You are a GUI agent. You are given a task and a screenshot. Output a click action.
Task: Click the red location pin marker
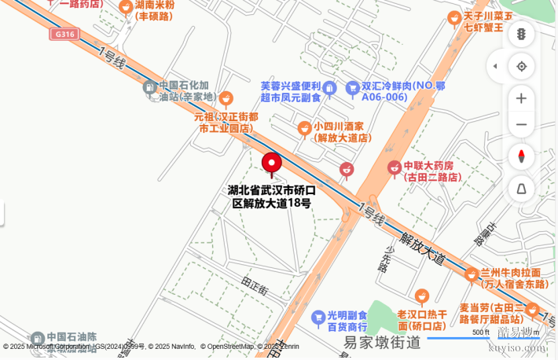click(x=272, y=164)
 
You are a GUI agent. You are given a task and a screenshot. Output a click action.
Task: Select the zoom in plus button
click(x=521, y=98)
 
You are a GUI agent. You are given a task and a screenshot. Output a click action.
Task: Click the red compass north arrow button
click(x=521, y=156)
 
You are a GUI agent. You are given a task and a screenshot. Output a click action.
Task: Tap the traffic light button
click(x=521, y=34)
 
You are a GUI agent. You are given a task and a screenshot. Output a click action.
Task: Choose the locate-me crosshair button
click(x=521, y=66)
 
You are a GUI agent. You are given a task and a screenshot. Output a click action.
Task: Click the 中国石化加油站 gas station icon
click(x=149, y=87)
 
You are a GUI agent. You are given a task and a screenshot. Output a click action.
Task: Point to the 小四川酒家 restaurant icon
click(x=304, y=127)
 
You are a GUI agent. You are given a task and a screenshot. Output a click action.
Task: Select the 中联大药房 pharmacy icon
click(x=394, y=167)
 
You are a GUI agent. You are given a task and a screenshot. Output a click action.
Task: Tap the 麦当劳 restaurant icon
click(x=532, y=309)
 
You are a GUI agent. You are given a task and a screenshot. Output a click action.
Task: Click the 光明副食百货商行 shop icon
click(x=318, y=317)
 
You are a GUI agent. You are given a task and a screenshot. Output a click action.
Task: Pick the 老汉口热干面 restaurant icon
click(x=422, y=296)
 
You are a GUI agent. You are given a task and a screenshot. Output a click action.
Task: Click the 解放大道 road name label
click(x=421, y=247)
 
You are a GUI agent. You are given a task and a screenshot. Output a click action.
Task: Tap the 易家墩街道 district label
click(x=382, y=342)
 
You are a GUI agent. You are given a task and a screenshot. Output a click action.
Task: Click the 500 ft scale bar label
click(x=481, y=332)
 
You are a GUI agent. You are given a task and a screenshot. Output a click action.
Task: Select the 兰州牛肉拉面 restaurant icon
click(x=471, y=274)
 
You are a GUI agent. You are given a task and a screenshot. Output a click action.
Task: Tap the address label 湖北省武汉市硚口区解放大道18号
click(x=272, y=197)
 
